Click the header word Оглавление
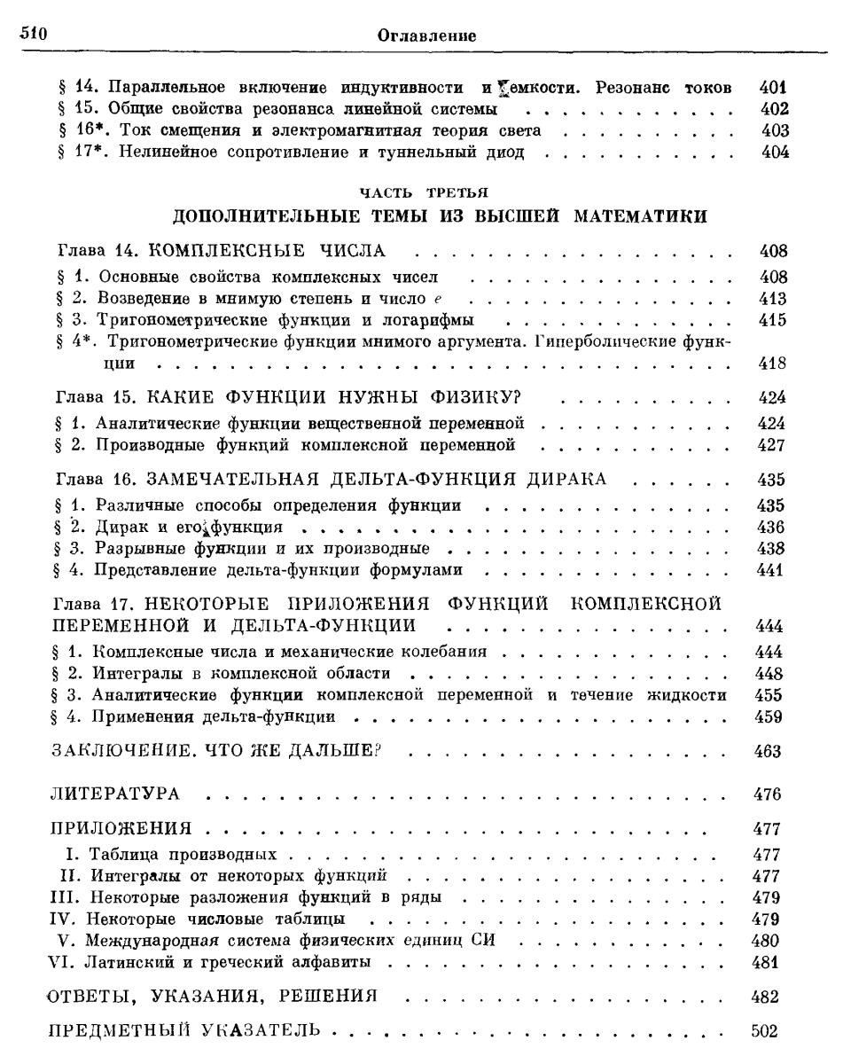(x=427, y=36)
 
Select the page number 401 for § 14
(x=773, y=88)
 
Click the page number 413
(x=773, y=297)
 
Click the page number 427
(x=773, y=442)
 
